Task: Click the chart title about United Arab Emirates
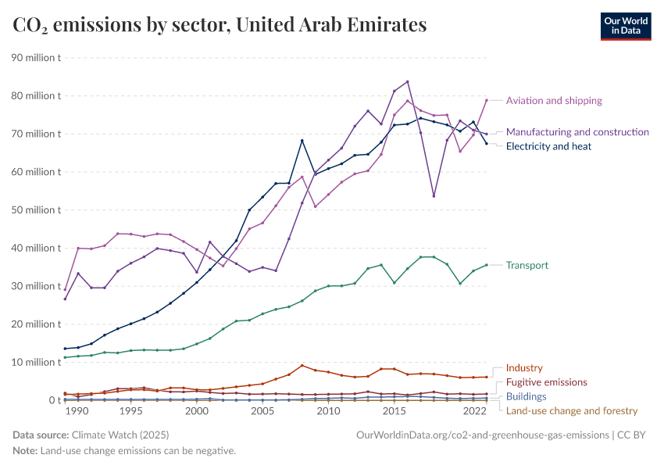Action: [220, 25]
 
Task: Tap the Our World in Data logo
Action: [627, 26]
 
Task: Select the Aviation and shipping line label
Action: [554, 101]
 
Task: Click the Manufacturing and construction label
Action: [577, 132]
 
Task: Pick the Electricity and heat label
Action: [548, 146]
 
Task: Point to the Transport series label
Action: [527, 266]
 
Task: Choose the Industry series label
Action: [524, 368]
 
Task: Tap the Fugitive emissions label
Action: [546, 382]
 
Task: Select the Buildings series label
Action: [527, 396]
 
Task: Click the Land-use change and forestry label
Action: [572, 410]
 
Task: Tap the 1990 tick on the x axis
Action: [77, 411]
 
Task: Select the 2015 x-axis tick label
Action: [394, 411]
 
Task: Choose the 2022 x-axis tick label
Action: [475, 411]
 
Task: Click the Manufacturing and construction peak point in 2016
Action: [407, 82]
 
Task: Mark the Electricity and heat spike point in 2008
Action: [302, 141]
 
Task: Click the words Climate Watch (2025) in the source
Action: [120, 434]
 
